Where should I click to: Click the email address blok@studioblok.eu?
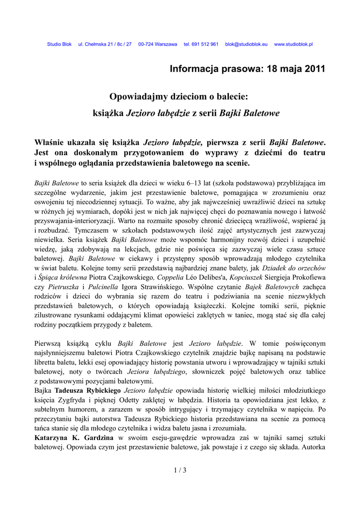point(246,44)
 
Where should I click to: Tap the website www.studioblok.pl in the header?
point(293,44)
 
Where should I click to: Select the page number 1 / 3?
point(180,471)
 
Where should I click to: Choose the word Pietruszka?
point(61,287)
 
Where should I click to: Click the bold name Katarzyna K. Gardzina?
point(74,438)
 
